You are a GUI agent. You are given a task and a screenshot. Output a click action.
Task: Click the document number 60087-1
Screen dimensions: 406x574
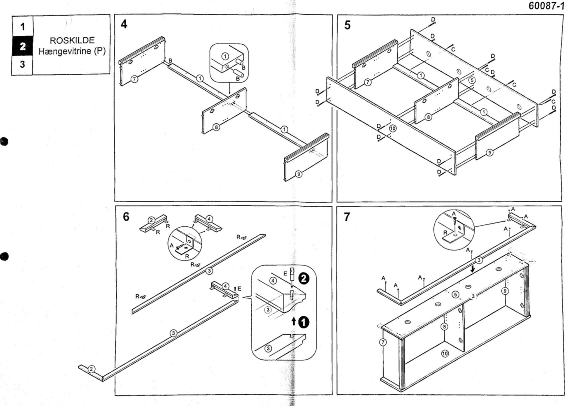coord(546,6)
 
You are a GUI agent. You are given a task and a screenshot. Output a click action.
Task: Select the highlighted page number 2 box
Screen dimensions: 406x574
coord(22,46)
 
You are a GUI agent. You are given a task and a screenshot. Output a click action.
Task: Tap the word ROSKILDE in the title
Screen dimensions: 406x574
coord(72,41)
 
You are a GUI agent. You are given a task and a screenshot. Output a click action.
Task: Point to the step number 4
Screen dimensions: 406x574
coord(124,24)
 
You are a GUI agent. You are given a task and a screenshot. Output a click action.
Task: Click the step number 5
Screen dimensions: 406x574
coord(347,25)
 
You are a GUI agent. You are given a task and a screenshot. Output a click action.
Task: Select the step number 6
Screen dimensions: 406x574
coord(126,217)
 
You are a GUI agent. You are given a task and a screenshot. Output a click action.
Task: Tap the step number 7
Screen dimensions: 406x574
coord(347,217)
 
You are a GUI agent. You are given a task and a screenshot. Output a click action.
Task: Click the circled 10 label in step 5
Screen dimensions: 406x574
coord(393,128)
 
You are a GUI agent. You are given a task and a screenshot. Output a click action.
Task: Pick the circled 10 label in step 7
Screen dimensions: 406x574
coord(445,353)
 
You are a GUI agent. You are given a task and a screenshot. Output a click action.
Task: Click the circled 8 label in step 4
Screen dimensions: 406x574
coord(216,127)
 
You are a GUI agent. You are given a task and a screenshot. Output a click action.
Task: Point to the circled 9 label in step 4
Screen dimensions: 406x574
coord(298,174)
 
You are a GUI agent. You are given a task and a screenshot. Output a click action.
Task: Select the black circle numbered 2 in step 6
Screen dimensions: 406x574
coord(304,278)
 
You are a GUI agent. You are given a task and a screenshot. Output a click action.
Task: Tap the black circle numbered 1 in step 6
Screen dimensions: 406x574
coord(304,322)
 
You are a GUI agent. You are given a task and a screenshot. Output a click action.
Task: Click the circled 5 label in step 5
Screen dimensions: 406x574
coord(472,80)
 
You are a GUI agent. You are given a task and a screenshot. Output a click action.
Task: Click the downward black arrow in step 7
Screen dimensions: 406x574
coord(473,269)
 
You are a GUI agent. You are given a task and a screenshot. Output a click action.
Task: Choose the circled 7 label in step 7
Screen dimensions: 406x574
coord(383,342)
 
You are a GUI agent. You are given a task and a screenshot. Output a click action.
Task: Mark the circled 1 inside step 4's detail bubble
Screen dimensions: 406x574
coord(225,56)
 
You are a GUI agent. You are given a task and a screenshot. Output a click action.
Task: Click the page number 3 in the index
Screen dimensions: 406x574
coord(22,64)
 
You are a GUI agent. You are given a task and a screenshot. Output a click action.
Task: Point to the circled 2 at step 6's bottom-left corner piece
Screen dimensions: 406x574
coord(92,369)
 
